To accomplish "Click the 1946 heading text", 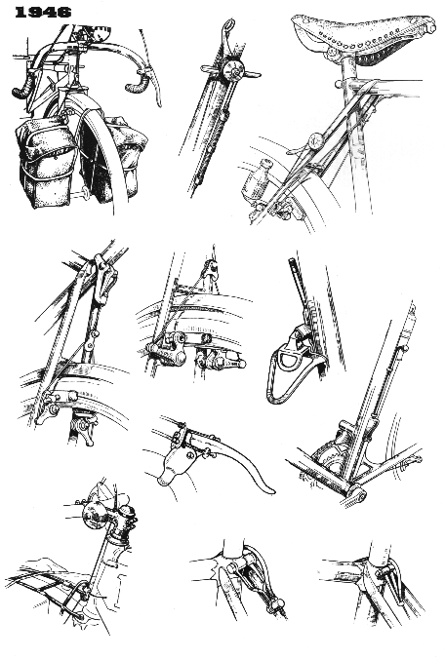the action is (x=43, y=12).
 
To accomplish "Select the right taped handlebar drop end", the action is (x=139, y=83).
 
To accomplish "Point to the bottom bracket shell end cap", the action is (x=356, y=494).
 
